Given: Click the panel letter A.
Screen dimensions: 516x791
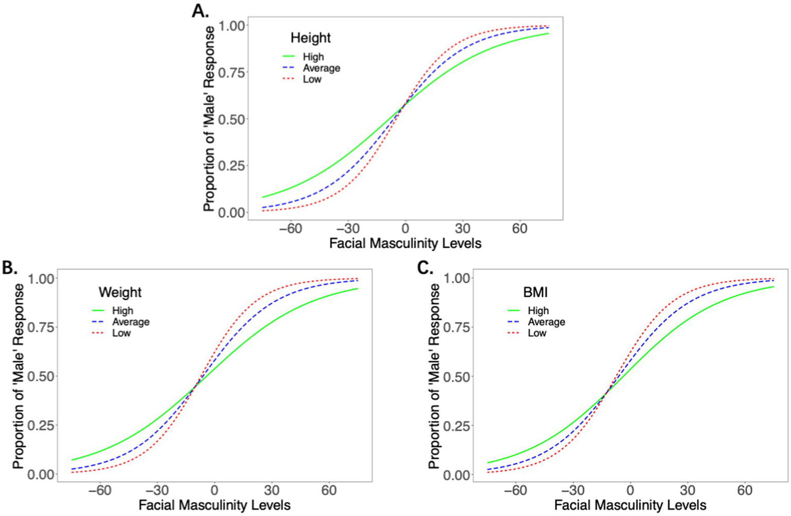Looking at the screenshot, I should pyautogui.click(x=200, y=10).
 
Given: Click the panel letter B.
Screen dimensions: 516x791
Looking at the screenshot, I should pyautogui.click(x=9, y=267).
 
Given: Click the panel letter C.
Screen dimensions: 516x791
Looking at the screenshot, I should pyautogui.click(x=425, y=267).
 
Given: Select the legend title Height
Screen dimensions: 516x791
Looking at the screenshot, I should pyautogui.click(x=310, y=38).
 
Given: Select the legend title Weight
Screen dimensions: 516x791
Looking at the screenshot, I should pyautogui.click(x=120, y=292).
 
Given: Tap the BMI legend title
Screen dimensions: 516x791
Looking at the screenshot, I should pyautogui.click(x=535, y=292).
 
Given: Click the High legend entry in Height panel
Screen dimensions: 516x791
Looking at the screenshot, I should pyautogui.click(x=313, y=57).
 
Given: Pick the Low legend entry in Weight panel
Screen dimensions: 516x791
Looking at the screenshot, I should pyautogui.click(x=121, y=333).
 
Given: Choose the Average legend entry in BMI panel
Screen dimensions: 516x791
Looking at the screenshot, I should pyautogui.click(x=546, y=322).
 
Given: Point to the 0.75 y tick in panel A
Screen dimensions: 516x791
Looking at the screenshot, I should pyautogui.click(x=231, y=72).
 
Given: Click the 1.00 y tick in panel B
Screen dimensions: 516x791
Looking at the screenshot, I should pyautogui.click(x=41, y=279).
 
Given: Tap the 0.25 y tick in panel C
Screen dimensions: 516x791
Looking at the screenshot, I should pyautogui.click(x=457, y=426).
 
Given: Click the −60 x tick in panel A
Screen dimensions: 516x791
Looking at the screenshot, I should pyautogui.click(x=291, y=229).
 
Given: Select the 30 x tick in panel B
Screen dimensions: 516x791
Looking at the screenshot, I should pyautogui.click(x=272, y=490).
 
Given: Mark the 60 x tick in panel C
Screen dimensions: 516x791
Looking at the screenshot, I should pyautogui.click(x=745, y=490).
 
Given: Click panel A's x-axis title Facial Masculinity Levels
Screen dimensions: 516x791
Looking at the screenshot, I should pyautogui.click(x=405, y=243).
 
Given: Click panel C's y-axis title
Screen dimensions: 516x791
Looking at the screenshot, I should pyautogui.click(x=434, y=376).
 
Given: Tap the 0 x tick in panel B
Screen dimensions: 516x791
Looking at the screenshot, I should pyautogui.click(x=214, y=490).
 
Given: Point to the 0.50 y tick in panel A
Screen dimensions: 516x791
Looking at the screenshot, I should pyautogui.click(x=231, y=119).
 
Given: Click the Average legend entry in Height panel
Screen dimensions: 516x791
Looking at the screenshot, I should pyautogui.click(x=321, y=68).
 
